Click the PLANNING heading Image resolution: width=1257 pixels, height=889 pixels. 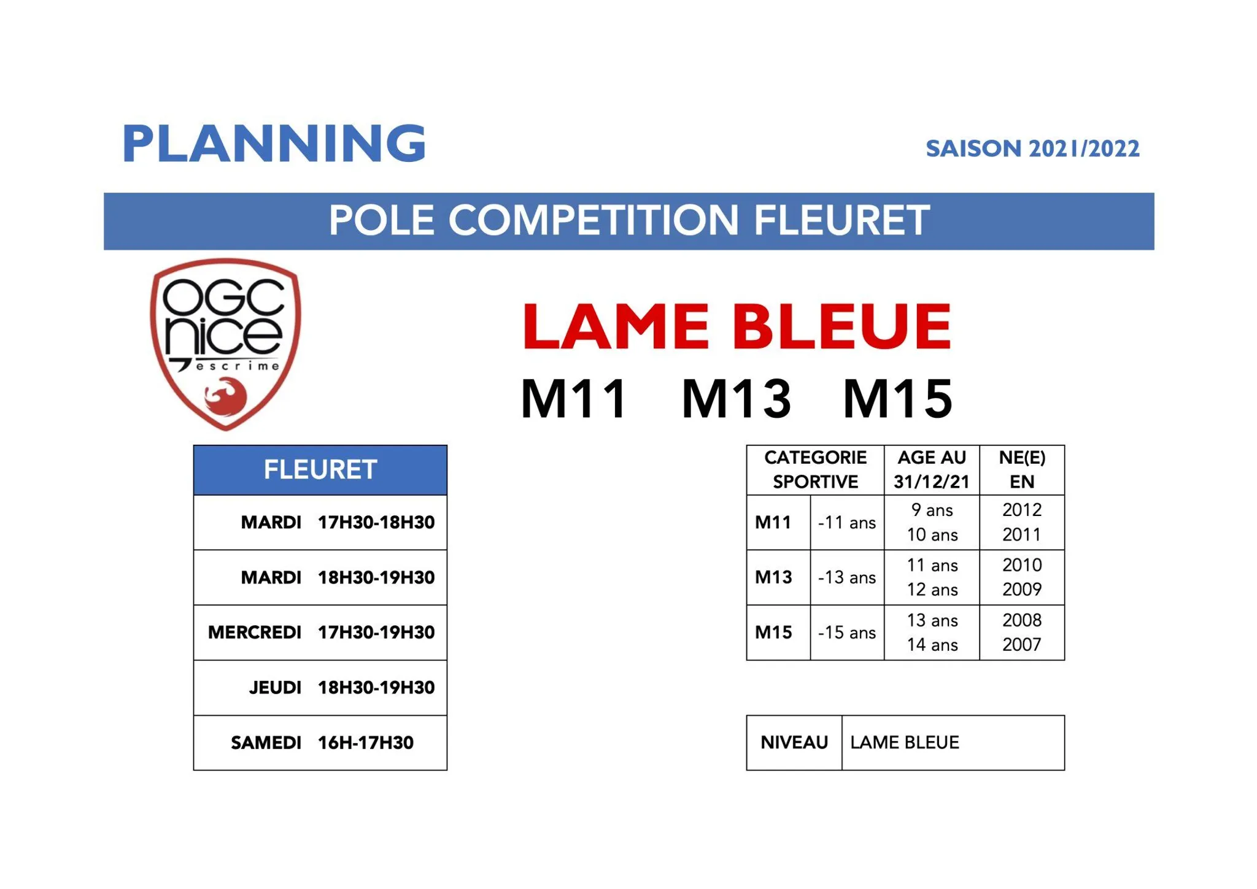[274, 144]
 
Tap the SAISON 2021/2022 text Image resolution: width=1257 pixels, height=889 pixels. [1032, 149]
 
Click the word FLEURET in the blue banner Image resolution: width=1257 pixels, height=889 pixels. [841, 220]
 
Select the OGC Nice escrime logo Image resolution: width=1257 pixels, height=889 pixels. [225, 343]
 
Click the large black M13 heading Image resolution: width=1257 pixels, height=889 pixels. [736, 399]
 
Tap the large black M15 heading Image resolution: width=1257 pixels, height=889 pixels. [897, 399]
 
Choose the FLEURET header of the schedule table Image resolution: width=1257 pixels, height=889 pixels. [320, 470]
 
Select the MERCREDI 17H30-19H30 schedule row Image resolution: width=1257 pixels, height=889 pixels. [321, 633]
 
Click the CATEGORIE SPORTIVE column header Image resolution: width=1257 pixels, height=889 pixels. [814, 470]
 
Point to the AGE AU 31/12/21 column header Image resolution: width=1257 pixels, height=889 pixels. [931, 470]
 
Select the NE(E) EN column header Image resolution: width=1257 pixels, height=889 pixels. [1021, 470]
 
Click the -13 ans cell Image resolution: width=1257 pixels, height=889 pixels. [846, 577]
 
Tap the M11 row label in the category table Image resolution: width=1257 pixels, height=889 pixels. [773, 523]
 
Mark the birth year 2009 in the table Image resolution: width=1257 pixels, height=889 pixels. [1021, 590]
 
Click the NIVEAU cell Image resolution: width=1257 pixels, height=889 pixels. [794, 743]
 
